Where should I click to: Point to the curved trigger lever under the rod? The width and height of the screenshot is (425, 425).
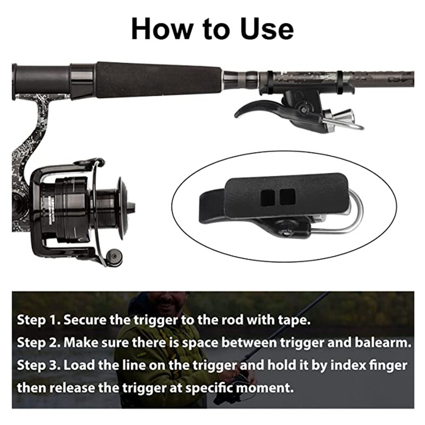(260, 107)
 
